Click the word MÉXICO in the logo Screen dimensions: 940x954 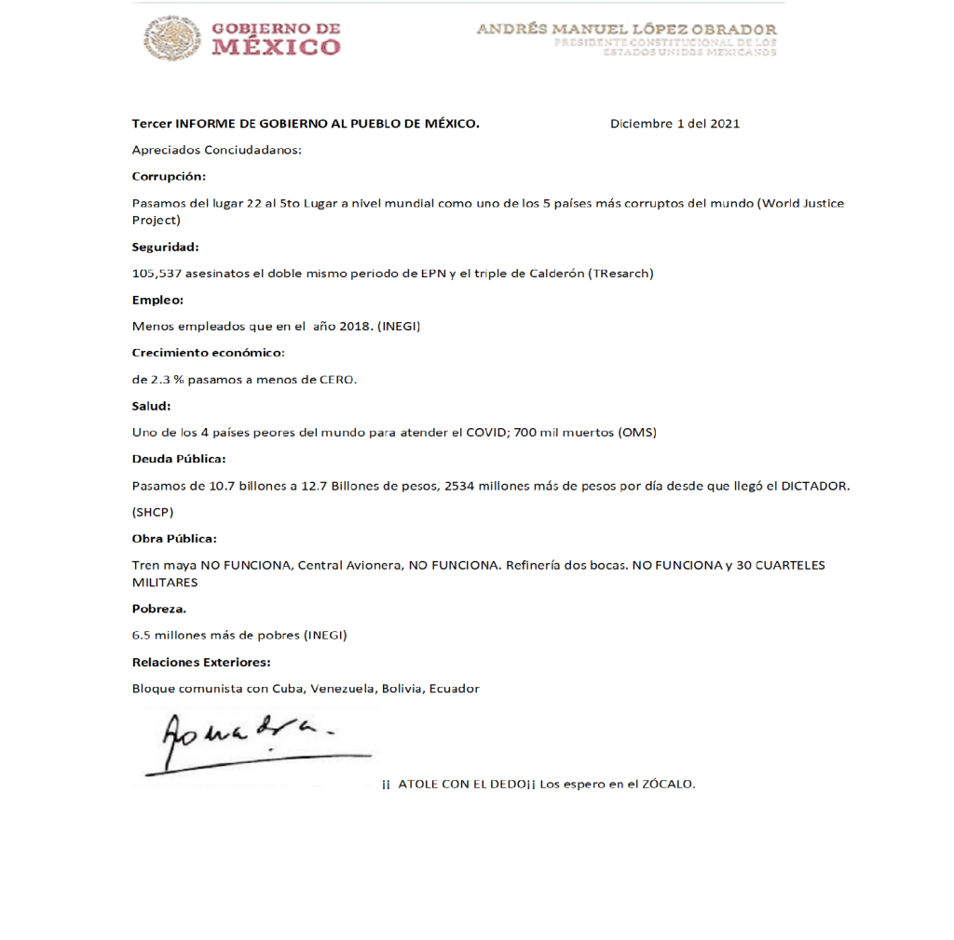point(276,47)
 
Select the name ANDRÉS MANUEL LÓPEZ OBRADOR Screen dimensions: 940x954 point(626,29)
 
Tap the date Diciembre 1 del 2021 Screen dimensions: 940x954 point(675,123)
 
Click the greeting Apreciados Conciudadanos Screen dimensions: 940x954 point(216,150)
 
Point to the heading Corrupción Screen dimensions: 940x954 point(169,176)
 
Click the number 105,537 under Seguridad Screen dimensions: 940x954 point(156,273)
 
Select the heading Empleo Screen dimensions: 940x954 point(157,300)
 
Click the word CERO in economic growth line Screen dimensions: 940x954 point(337,379)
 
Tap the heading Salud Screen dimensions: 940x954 point(151,406)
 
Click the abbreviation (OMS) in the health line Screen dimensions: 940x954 point(637,432)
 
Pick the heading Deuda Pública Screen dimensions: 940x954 point(179,459)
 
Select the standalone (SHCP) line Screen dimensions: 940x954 point(153,512)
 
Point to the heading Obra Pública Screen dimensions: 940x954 point(174,539)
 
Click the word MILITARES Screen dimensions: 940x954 point(164,583)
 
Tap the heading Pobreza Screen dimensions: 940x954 point(158,609)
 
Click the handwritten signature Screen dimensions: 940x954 point(247,742)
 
